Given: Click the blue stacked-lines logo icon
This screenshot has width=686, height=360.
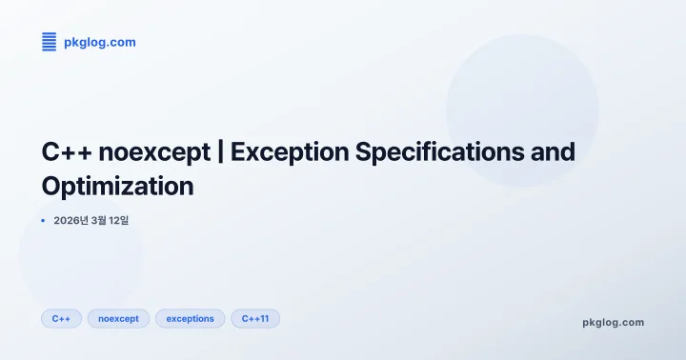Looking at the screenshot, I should pos(50,41).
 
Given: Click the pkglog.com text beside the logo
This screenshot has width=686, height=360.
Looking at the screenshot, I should pos(99,42).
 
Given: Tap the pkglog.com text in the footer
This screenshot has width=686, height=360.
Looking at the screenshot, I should pos(613,322).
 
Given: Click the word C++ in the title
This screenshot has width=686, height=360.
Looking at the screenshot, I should pos(65,152).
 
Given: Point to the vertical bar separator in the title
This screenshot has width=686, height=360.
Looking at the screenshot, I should pos(221,152).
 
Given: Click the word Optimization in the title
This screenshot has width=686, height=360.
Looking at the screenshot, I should pos(117,186).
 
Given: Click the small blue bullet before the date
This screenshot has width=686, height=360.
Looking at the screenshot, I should pos(43,221).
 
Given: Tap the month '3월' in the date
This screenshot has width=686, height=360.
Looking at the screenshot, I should pos(100,221).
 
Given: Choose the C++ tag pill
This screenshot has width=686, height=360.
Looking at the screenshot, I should pos(61,319).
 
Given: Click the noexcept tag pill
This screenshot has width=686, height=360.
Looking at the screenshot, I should pos(118,319).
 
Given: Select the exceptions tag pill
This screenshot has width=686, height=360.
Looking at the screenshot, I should pos(190,319).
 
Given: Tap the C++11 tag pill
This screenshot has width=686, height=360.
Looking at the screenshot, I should pos(255,319).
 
